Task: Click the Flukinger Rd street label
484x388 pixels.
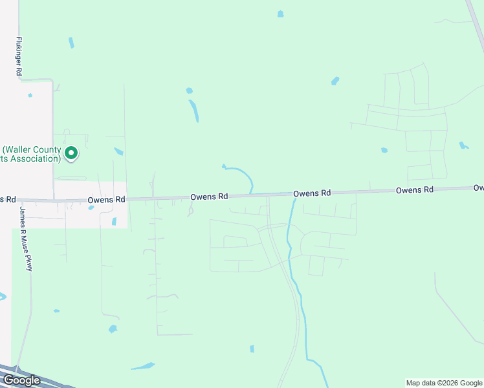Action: click(x=19, y=55)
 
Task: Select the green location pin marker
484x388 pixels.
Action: click(x=71, y=153)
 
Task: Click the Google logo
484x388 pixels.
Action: click(x=21, y=380)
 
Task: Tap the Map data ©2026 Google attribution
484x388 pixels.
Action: click(x=444, y=383)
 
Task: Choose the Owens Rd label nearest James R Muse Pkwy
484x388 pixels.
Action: click(x=106, y=200)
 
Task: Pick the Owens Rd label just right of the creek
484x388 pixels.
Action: click(x=312, y=193)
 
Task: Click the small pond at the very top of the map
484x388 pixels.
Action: click(x=280, y=14)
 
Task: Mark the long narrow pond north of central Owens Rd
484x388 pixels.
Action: click(x=193, y=111)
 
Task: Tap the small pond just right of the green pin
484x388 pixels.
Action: click(x=118, y=151)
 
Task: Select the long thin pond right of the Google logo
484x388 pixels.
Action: click(x=143, y=366)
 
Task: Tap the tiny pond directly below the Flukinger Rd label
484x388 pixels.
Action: click(x=30, y=95)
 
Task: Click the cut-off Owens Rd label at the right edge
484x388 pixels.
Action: click(x=478, y=188)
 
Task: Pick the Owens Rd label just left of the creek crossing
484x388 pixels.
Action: click(x=209, y=196)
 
